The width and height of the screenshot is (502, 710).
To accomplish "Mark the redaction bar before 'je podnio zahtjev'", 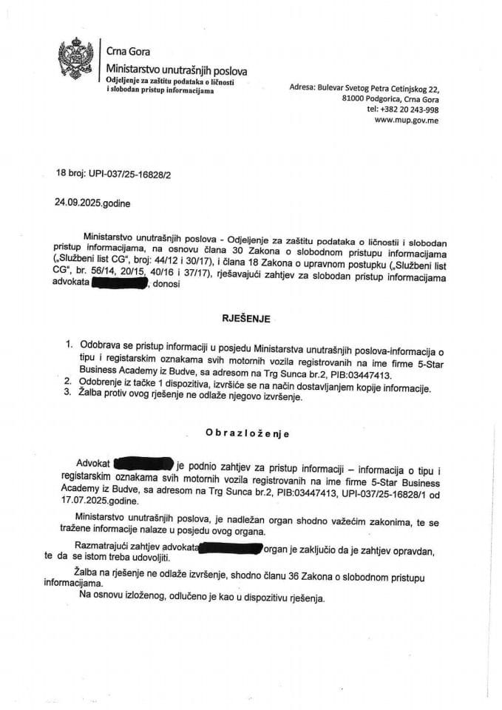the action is [x=143, y=465].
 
